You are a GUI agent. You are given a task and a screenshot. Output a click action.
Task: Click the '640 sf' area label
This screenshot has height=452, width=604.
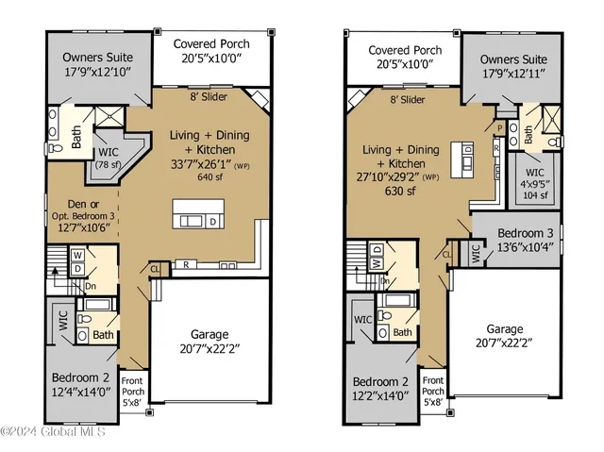209,176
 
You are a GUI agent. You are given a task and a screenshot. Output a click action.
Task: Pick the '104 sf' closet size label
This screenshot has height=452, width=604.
535,196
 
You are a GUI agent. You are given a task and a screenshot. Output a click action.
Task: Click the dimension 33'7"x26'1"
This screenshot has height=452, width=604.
202,162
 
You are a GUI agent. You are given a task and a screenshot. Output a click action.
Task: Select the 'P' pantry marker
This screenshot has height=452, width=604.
499,126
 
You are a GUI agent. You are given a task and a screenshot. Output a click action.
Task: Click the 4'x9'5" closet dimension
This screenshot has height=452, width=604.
535,185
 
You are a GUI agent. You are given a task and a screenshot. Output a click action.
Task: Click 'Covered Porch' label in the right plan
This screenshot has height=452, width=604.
404,51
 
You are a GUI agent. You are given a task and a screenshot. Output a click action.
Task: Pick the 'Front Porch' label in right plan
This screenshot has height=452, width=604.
432,384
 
